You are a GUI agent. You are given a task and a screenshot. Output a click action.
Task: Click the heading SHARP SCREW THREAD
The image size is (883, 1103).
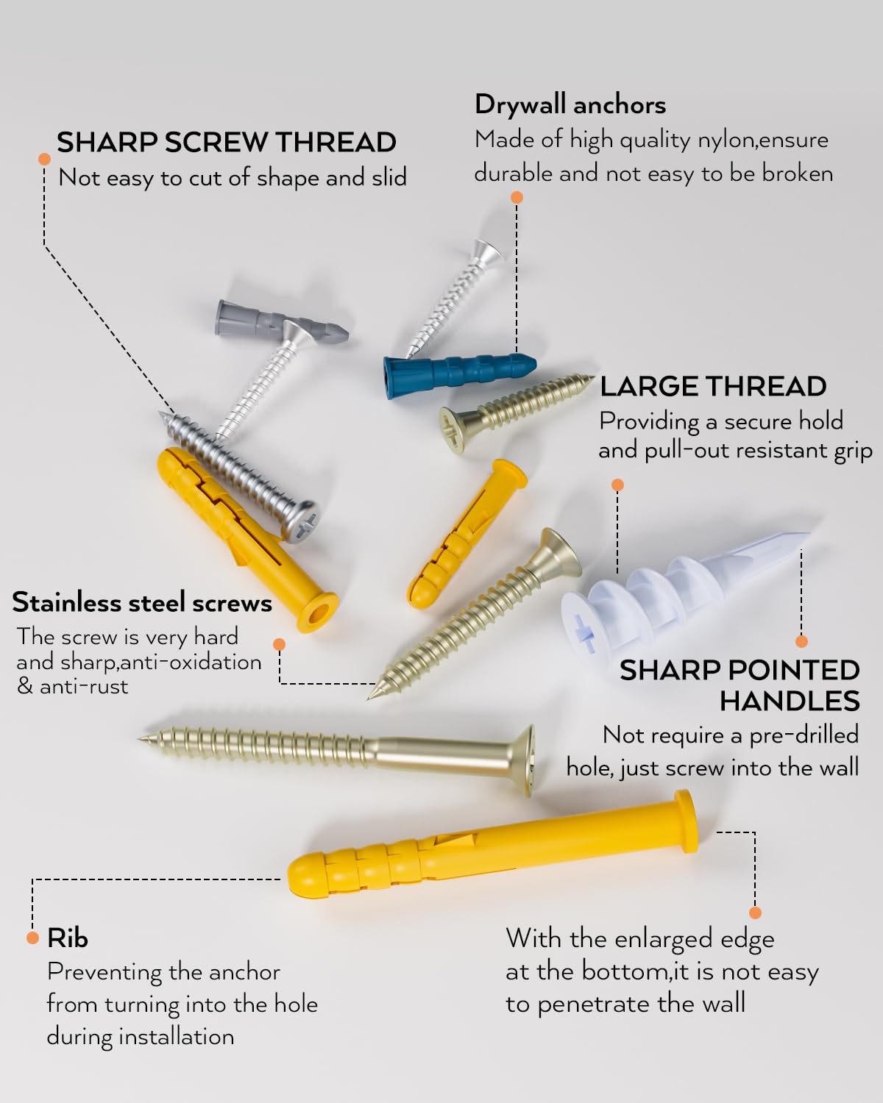tap(226, 143)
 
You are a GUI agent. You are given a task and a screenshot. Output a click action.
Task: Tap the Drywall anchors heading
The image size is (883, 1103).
tap(570, 104)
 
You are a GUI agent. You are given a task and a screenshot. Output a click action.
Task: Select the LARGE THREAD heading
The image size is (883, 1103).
tap(713, 386)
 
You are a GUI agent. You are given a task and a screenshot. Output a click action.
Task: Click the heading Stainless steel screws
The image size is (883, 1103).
tap(141, 602)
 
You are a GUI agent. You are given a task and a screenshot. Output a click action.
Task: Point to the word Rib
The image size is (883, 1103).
tap(67, 938)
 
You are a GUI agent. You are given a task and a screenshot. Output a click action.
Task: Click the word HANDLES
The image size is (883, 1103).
tap(789, 701)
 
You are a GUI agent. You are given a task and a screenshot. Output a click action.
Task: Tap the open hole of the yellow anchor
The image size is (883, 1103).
tap(317, 613)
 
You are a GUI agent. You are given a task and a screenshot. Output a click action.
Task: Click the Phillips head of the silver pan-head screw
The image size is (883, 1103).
tap(302, 522)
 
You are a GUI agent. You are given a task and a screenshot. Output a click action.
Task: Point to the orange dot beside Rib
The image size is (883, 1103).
tap(33, 938)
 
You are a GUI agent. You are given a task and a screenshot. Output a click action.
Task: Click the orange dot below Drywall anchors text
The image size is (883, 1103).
tap(517, 197)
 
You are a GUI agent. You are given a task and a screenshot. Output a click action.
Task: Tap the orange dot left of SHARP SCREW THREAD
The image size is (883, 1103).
tap(45, 159)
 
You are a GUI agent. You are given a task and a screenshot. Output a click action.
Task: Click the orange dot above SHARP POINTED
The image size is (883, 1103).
tap(801, 641)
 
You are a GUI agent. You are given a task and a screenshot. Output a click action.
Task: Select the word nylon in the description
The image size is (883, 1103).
tap(726, 140)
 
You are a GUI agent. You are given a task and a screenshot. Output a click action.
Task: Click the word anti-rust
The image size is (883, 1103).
tap(84, 687)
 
